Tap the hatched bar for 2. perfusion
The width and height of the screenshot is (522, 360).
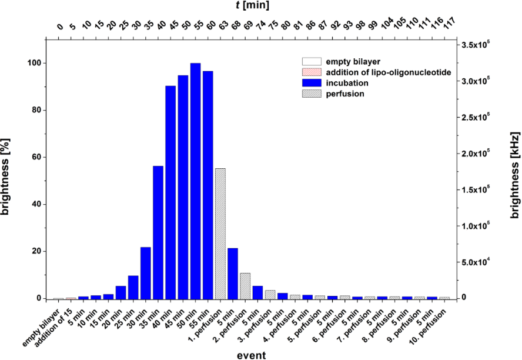coord(246,286)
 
